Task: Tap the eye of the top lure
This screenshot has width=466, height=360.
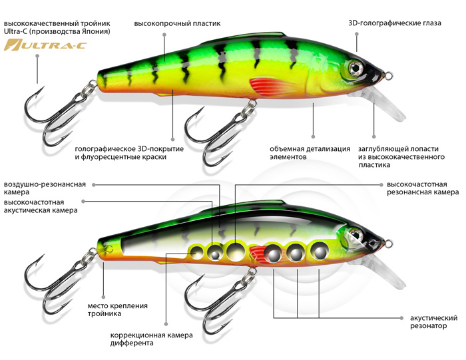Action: [x=353, y=67]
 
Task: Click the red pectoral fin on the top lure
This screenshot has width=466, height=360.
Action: [x=270, y=86]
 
